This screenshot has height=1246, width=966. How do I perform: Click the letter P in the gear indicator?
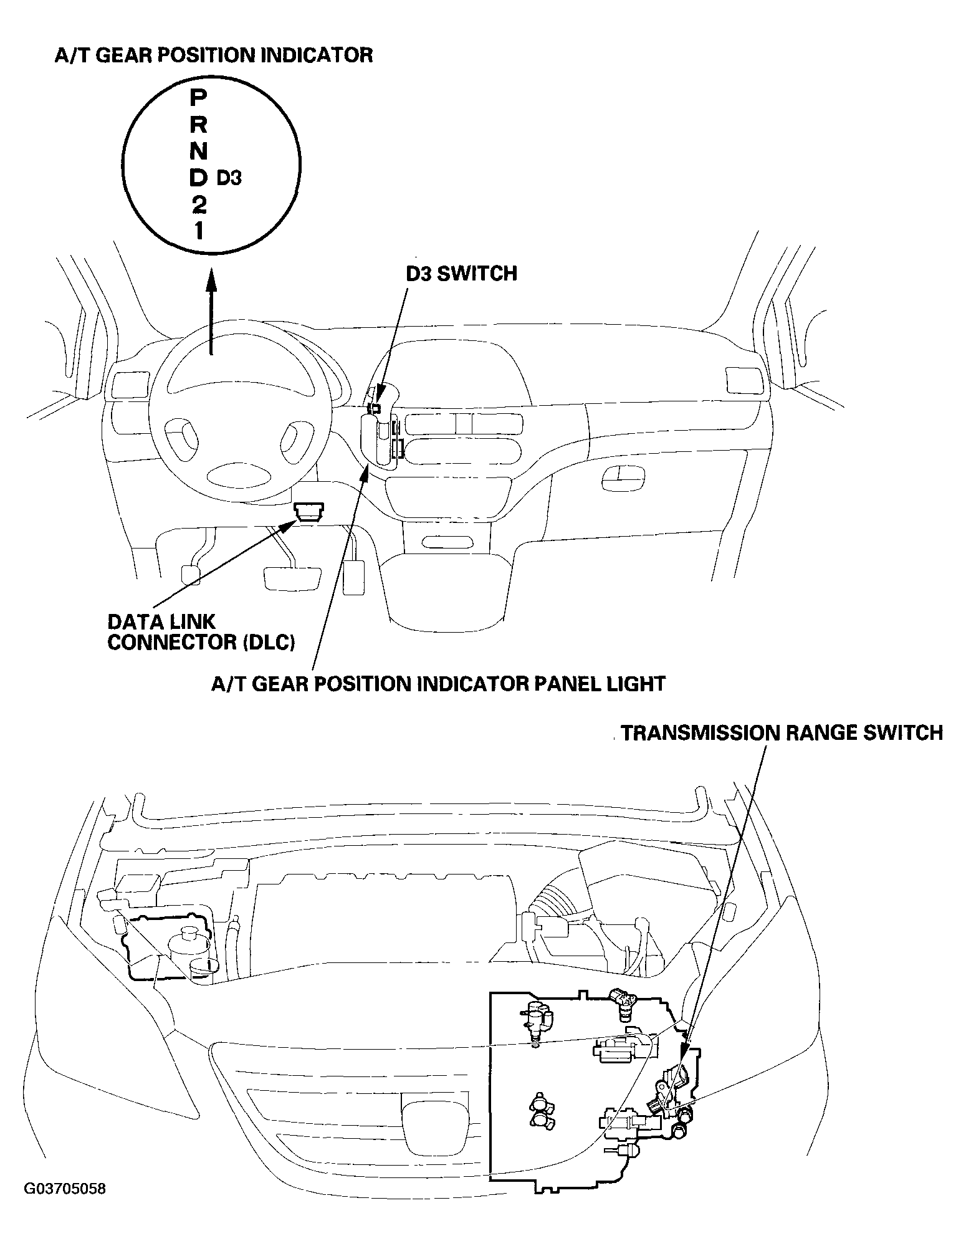pyautogui.click(x=198, y=97)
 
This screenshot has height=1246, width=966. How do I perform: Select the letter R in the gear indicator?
pyautogui.click(x=198, y=125)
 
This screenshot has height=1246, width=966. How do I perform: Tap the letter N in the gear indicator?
pyautogui.click(x=198, y=151)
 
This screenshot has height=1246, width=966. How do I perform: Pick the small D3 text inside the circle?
pyautogui.click(x=229, y=178)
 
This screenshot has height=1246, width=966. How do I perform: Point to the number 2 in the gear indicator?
pyautogui.click(x=198, y=204)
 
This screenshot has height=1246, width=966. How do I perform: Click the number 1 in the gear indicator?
pyautogui.click(x=198, y=231)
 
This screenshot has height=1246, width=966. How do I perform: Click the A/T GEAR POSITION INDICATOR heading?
pyautogui.click(x=214, y=55)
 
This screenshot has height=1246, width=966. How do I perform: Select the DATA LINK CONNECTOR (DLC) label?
pyautogui.click(x=201, y=632)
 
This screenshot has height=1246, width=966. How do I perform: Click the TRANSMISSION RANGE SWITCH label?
pyautogui.click(x=782, y=733)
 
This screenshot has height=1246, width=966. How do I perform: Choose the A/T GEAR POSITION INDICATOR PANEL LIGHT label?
pyautogui.click(x=439, y=684)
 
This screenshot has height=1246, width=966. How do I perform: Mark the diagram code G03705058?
pyautogui.click(x=65, y=1207)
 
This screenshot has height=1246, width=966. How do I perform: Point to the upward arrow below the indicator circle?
pyautogui.click(x=211, y=311)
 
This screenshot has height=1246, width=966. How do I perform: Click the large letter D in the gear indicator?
pyautogui.click(x=198, y=178)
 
